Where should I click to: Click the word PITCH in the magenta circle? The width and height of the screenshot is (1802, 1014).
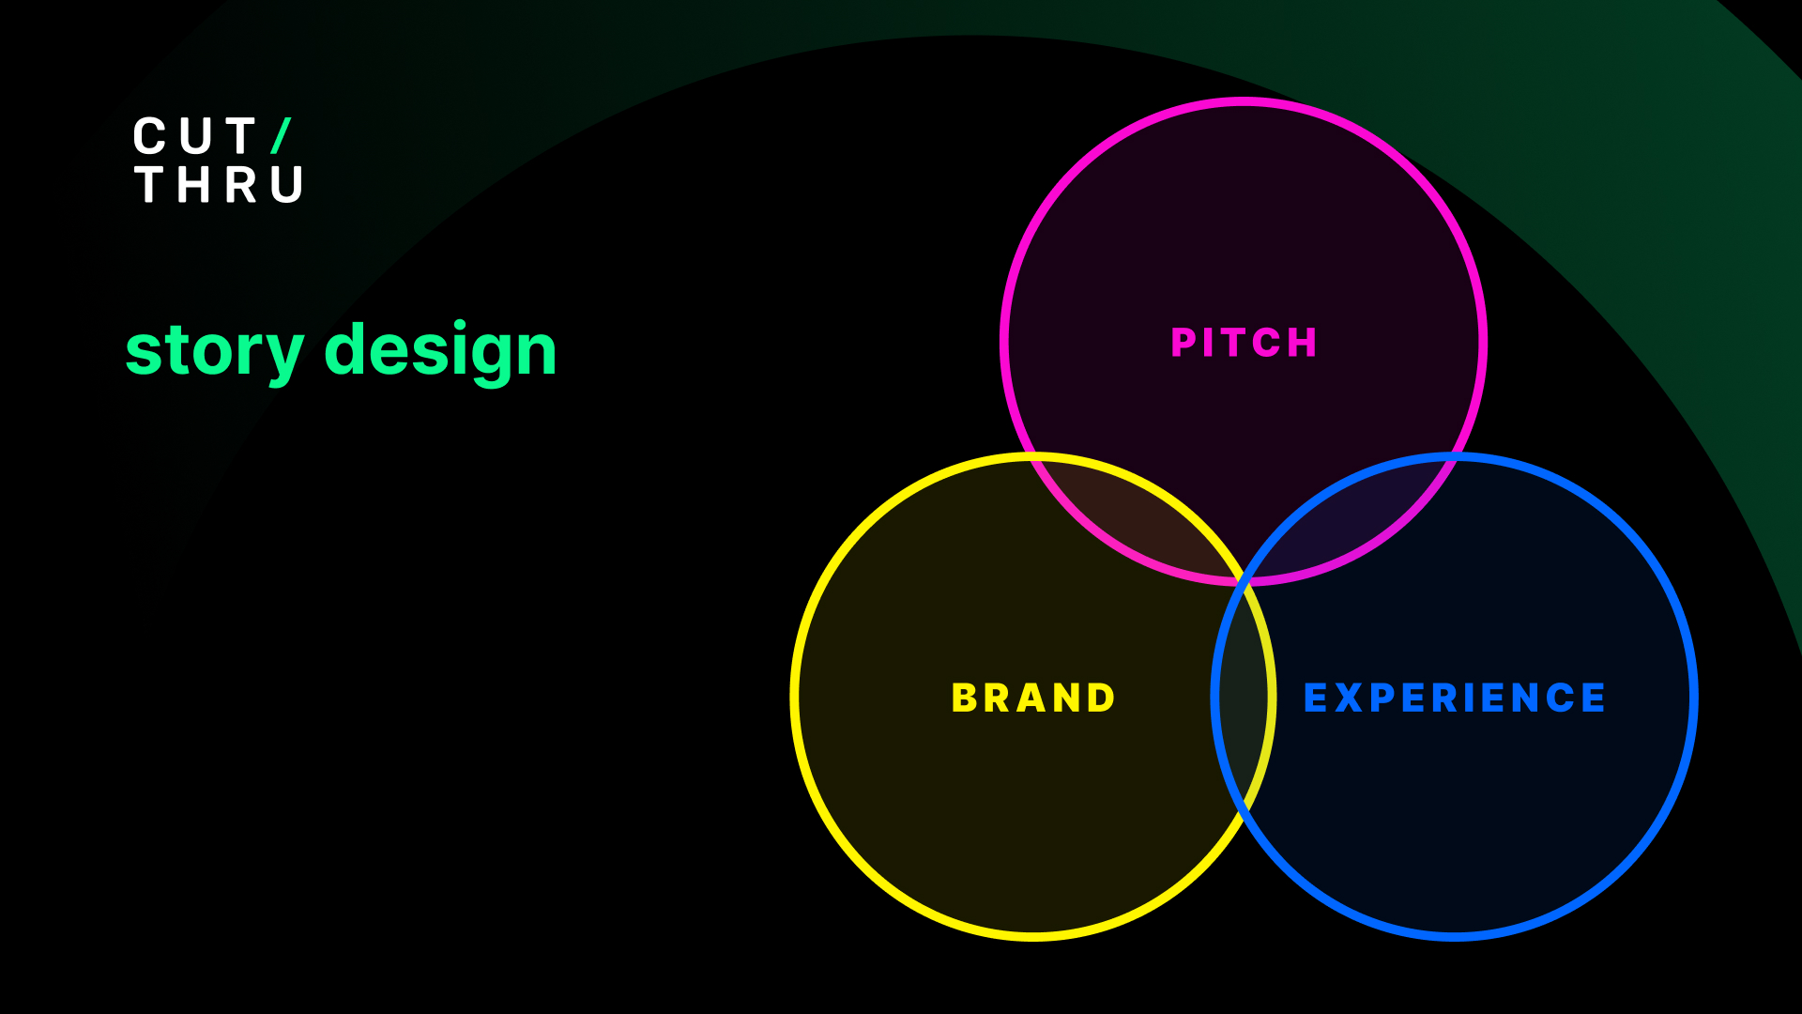tap(1244, 343)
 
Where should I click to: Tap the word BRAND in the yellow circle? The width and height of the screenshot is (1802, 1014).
tap(1033, 698)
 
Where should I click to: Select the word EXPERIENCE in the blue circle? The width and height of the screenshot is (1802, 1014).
tap(1455, 698)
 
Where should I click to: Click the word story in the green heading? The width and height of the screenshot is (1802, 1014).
tap(215, 351)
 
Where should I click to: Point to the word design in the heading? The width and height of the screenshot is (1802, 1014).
tap(440, 351)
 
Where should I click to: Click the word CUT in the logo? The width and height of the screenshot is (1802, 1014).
tap(194, 137)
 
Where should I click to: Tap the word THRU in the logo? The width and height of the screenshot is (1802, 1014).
tap(219, 185)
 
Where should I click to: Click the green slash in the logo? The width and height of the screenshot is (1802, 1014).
tap(282, 136)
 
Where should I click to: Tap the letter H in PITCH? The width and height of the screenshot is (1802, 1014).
tap(1304, 343)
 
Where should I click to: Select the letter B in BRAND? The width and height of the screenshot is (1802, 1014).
tap(964, 698)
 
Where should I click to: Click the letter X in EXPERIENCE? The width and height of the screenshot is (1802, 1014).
tap(1349, 698)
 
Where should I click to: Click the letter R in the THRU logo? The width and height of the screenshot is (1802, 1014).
tap(241, 185)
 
